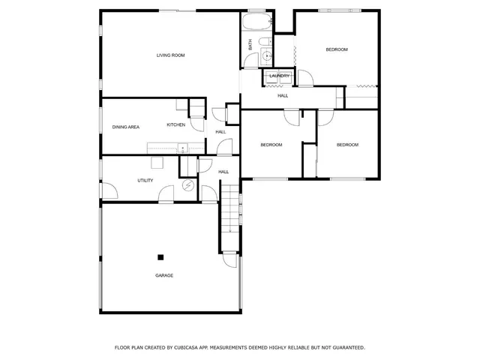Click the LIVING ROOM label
[x=170, y=55]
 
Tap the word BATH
[x=250, y=45]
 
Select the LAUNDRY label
[x=280, y=76]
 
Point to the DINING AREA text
[x=126, y=127]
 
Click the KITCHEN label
[x=175, y=124]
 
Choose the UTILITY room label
[x=145, y=180]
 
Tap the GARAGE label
[x=164, y=275]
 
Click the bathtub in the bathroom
[x=256, y=20]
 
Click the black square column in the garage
[x=160, y=257]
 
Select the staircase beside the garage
[x=230, y=217]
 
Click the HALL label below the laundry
[x=283, y=95]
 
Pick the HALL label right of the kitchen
[x=220, y=132]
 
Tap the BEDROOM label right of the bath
[x=337, y=49]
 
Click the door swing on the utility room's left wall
[x=109, y=191]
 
